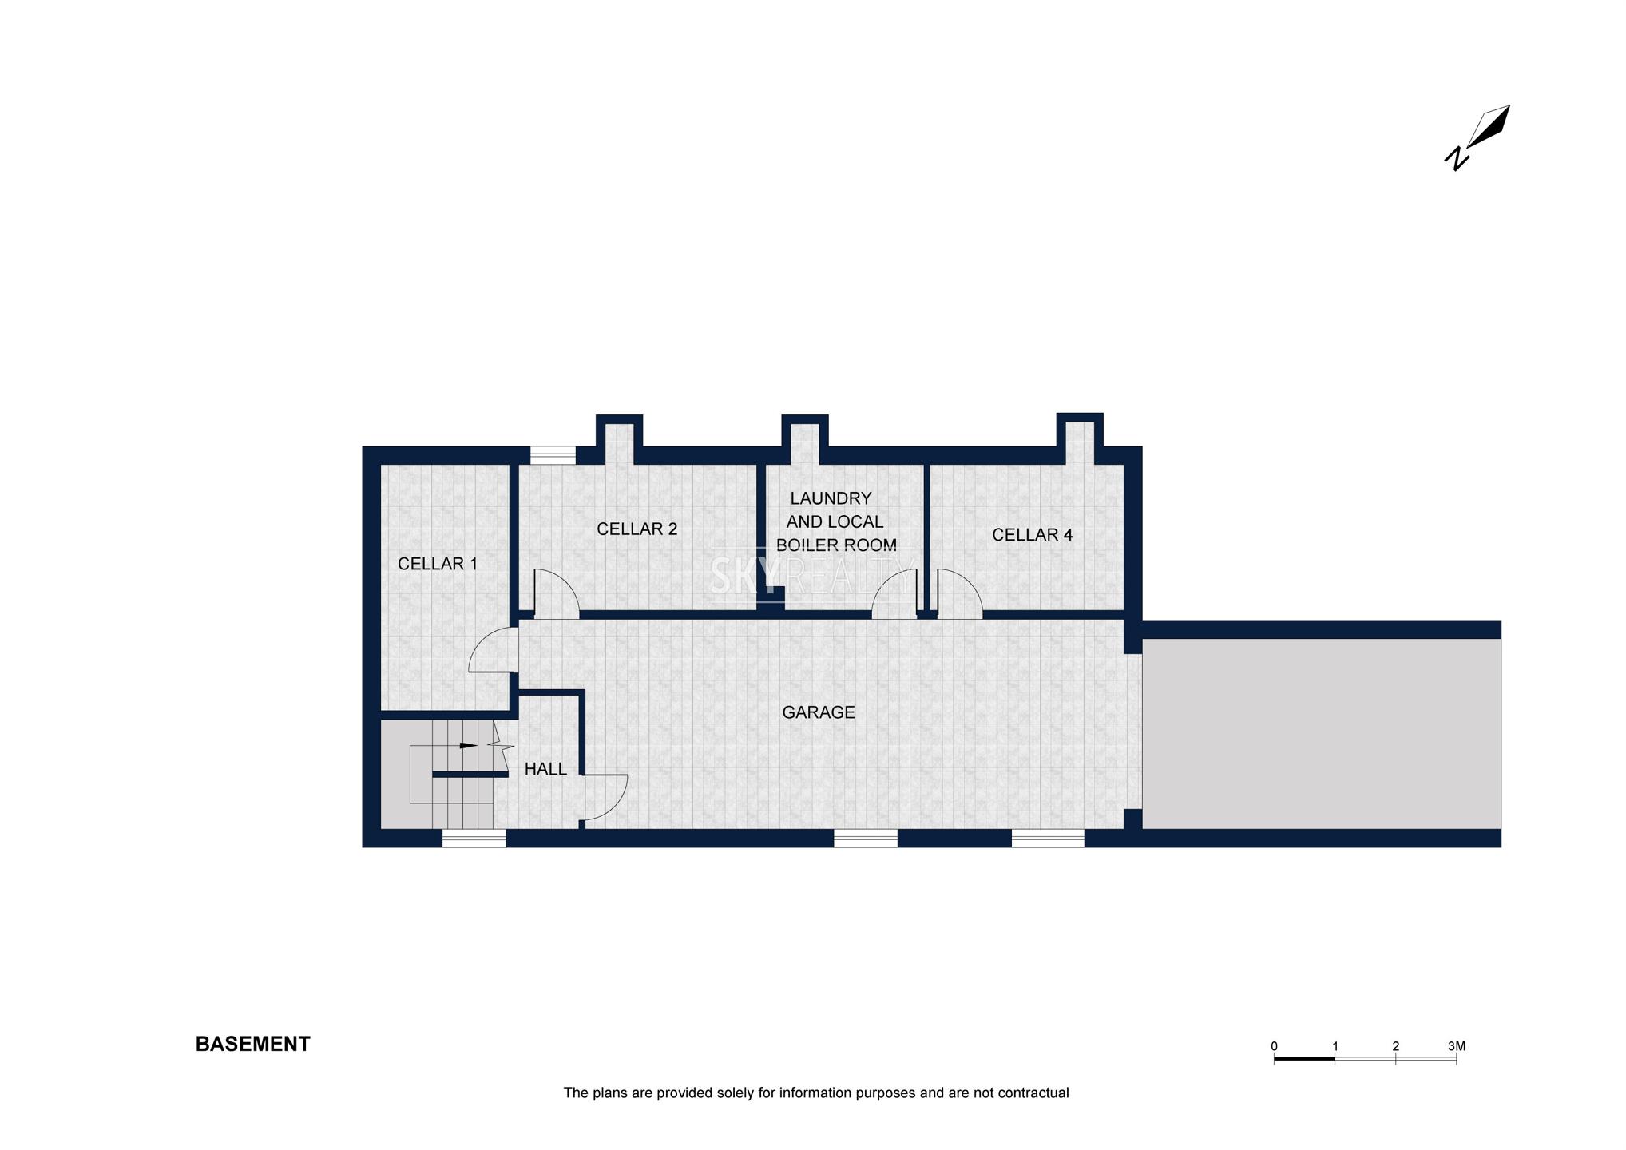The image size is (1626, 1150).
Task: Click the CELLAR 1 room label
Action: point(438,564)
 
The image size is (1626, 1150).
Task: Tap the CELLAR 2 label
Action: point(637,529)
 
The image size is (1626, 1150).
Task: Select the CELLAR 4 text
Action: point(1033,535)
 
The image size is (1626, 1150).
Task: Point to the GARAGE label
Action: point(819,712)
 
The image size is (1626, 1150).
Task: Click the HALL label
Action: point(545,769)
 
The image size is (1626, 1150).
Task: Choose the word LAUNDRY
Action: point(831,498)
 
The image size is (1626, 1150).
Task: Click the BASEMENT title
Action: point(253,1045)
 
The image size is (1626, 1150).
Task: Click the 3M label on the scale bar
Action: point(1457,1046)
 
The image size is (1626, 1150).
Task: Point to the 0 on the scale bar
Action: point(1274,1046)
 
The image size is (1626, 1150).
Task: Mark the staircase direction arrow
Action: point(469,746)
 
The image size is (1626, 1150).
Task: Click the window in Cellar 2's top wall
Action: point(553,455)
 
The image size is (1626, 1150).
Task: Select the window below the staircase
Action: point(474,838)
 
